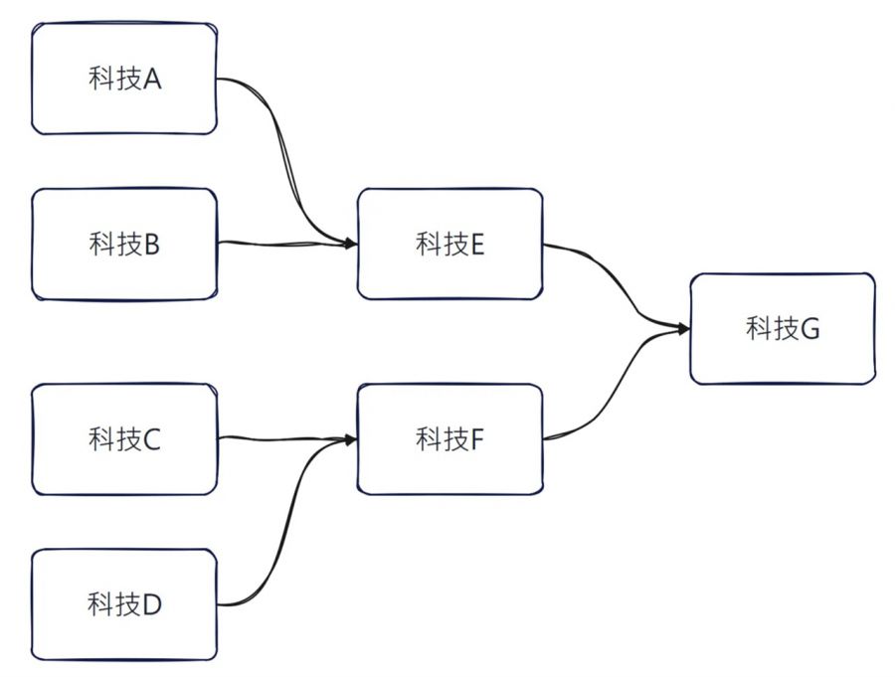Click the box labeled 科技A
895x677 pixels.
pos(124,80)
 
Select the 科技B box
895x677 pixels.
pos(124,244)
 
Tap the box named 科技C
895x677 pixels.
pos(124,438)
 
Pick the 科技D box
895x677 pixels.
pos(124,603)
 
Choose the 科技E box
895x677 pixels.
pos(449,244)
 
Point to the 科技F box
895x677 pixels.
pos(449,438)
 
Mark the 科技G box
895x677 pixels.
pos(783,329)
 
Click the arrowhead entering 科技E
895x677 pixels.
pos(351,243)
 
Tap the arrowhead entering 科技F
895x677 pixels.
pos(351,437)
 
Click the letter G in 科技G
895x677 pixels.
pos(809,329)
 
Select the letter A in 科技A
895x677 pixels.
pos(152,80)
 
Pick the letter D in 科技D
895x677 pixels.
pos(152,603)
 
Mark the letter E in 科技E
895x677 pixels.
pos(476,244)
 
